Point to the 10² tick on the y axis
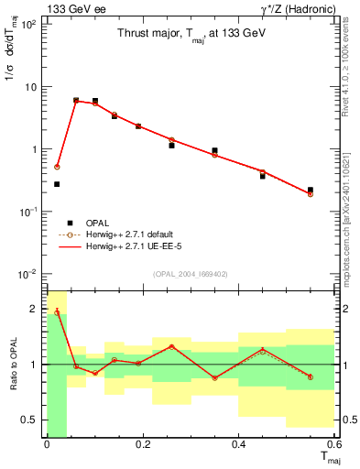(x=29, y=24)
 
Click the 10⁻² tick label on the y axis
(x=29, y=274)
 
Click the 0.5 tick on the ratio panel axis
(x=35, y=420)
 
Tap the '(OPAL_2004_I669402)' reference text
(x=191, y=273)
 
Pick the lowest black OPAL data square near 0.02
(x=57, y=184)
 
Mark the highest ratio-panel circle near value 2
(x=57, y=312)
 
